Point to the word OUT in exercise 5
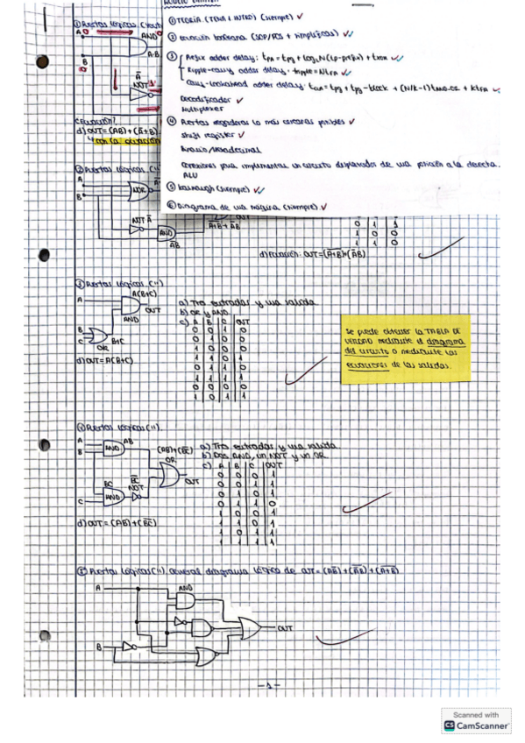click(x=284, y=628)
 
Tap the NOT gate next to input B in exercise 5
click(x=128, y=647)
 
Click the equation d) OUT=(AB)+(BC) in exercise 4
click(x=113, y=523)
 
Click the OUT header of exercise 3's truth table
click(x=241, y=321)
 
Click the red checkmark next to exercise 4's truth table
click(x=365, y=504)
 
